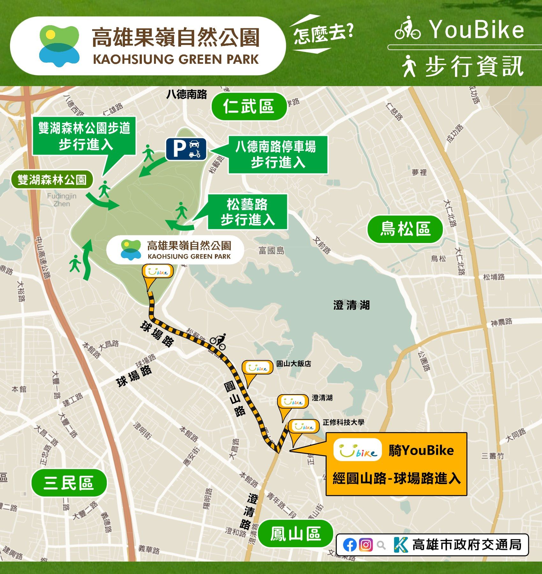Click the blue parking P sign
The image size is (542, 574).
186,149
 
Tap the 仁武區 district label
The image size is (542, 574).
249,106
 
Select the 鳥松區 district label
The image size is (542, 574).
405,229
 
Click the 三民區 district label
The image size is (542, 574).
69,483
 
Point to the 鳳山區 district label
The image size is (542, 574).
295,534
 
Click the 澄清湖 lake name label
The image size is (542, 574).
351,305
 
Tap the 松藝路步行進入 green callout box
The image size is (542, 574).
247,212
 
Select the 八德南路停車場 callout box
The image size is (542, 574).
278,155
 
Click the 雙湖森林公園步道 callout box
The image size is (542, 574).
84,136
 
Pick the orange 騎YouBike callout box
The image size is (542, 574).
396,464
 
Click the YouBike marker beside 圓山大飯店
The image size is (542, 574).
258,368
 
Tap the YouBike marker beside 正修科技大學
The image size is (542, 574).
303,427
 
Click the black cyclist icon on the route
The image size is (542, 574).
218,342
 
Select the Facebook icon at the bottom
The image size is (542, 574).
350,545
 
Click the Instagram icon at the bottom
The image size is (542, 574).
366,545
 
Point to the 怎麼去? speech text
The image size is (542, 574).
323,34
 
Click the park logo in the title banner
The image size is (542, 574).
59,46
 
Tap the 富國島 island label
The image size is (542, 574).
271,250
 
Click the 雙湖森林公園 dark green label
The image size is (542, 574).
52,180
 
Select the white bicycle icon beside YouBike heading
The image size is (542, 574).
407,29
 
